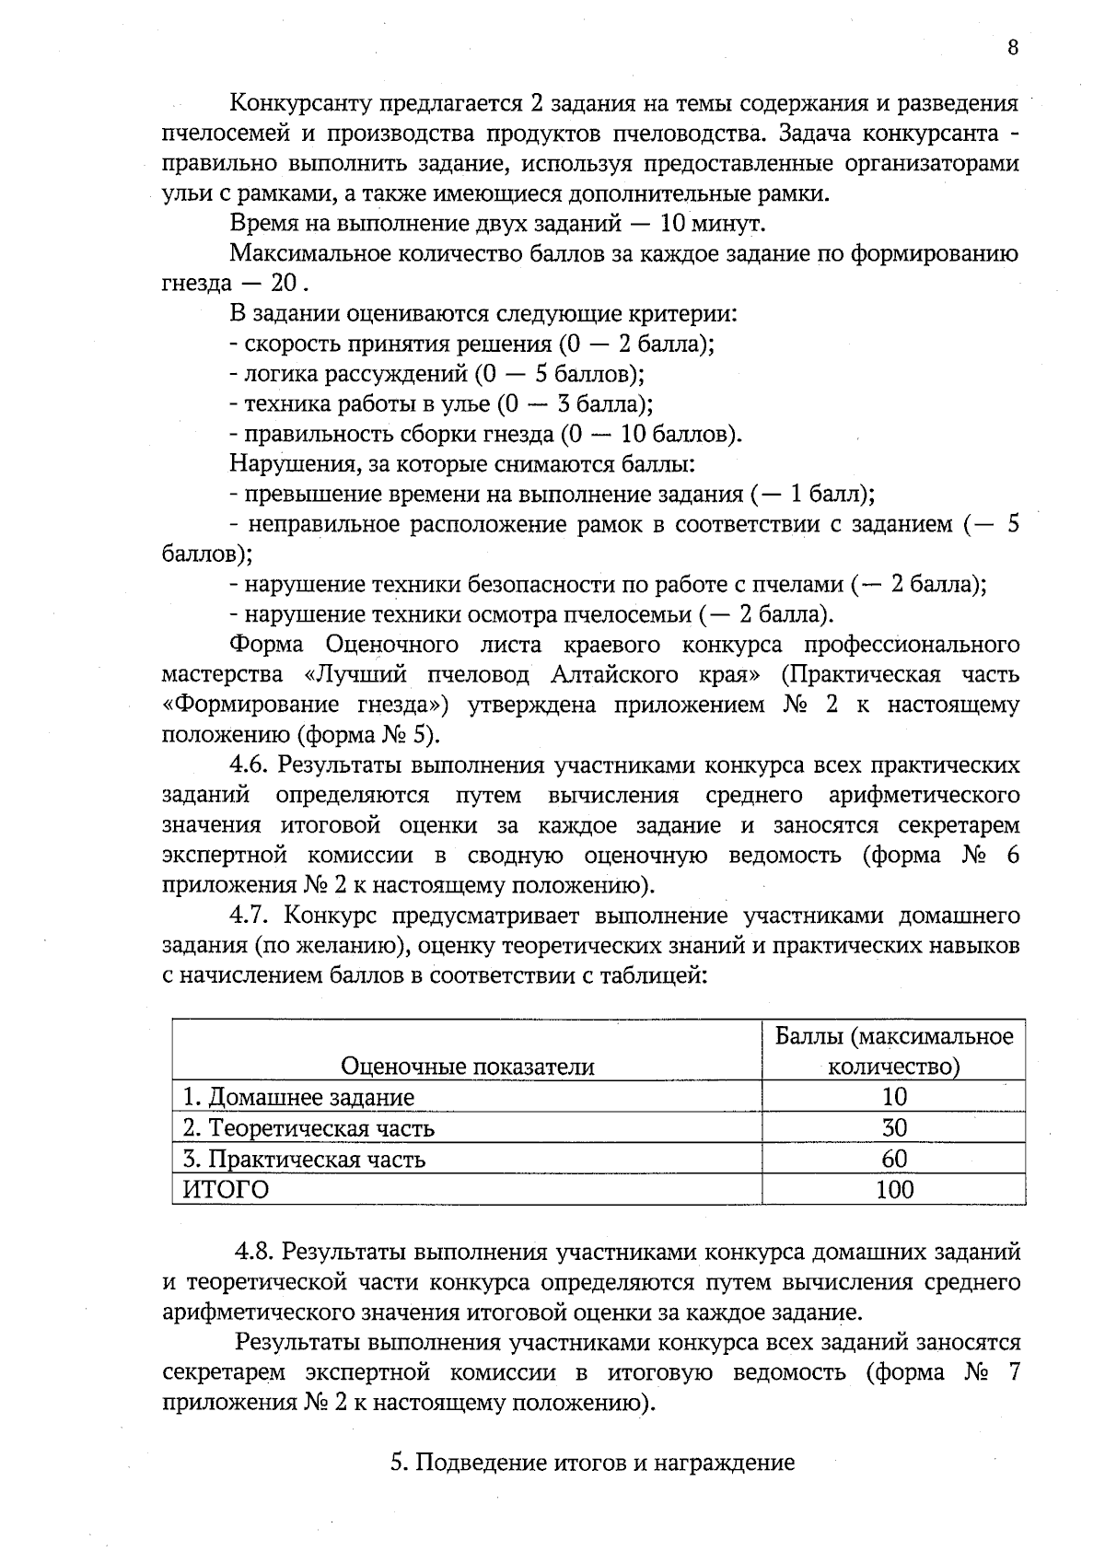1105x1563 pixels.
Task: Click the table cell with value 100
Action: click(894, 1189)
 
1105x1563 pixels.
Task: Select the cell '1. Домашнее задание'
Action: click(298, 1097)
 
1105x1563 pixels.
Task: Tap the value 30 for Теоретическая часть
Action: click(894, 1127)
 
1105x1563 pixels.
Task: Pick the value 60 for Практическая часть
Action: click(894, 1159)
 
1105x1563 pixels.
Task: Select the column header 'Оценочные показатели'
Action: click(467, 1067)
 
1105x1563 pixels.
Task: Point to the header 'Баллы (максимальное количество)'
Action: click(894, 1051)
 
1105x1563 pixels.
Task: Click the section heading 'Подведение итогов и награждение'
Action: click(592, 1463)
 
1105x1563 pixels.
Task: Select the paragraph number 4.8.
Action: click(254, 1252)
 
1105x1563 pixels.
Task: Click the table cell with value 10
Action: click(894, 1097)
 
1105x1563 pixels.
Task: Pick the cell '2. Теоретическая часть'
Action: click(308, 1127)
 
